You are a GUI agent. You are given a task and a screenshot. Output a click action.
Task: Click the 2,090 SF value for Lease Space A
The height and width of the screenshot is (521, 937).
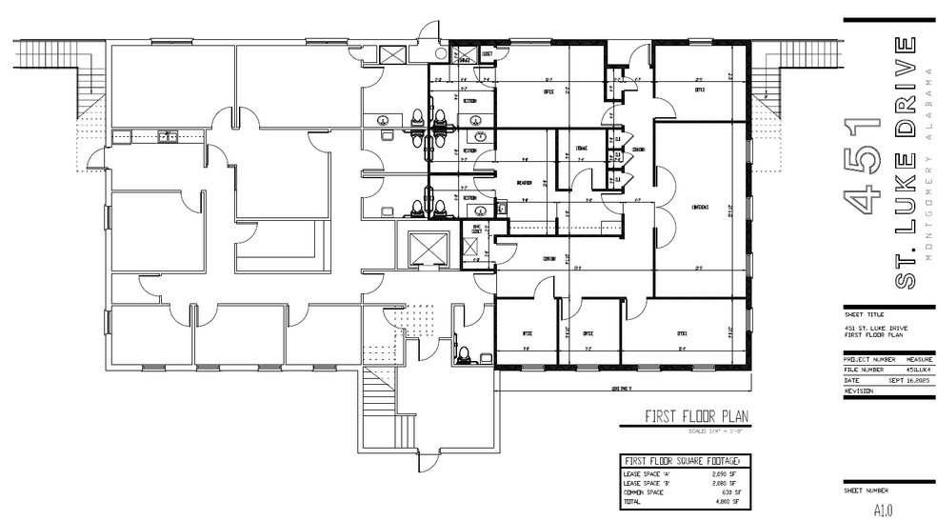tap(725, 472)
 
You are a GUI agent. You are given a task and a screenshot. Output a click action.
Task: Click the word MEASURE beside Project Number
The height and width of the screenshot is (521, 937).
tap(912, 359)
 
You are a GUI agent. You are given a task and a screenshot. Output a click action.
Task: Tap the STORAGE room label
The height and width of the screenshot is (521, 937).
tap(580, 149)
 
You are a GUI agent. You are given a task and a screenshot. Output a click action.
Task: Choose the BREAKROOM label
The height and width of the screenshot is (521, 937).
tap(523, 184)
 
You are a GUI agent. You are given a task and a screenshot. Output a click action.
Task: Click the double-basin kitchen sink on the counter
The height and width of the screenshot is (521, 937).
tap(168, 137)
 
